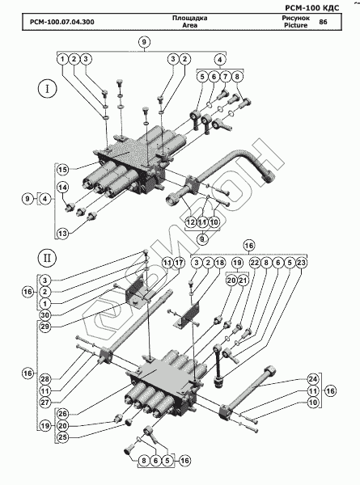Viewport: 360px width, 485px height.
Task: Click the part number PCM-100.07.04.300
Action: (62, 22)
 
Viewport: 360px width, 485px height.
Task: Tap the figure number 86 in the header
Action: (323, 22)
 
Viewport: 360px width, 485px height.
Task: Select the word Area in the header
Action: (190, 25)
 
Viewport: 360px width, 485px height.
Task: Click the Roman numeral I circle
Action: (48, 89)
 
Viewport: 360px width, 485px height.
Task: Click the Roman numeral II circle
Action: (48, 258)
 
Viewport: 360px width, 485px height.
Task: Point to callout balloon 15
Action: (62, 170)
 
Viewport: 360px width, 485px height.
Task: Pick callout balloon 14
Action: (62, 188)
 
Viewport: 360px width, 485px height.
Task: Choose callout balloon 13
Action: (62, 234)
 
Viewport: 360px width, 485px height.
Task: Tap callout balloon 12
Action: (191, 222)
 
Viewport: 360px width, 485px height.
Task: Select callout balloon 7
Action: (226, 77)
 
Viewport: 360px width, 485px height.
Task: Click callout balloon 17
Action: (180, 263)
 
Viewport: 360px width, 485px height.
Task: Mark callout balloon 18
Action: (220, 263)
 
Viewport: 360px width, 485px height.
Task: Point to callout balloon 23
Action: (302, 263)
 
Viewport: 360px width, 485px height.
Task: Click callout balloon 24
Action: (313, 379)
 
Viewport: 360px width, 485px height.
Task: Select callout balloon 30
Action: (44, 315)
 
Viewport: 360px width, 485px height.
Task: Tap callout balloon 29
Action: (44, 327)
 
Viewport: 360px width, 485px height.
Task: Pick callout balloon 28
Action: (44, 379)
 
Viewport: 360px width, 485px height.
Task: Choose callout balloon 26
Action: (62, 414)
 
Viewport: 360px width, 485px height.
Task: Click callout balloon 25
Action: (62, 437)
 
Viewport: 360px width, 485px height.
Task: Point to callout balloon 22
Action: (255, 263)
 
